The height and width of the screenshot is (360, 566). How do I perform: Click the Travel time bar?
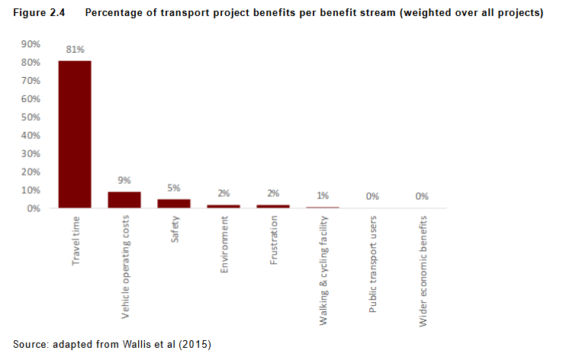point(75,133)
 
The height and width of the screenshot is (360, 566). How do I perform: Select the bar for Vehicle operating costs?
point(124,199)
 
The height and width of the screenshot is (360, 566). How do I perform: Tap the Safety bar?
point(173,203)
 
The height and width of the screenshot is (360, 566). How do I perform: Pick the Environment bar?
point(223,206)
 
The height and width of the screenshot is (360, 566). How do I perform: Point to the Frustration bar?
point(272,206)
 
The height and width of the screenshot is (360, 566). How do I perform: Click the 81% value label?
point(75,50)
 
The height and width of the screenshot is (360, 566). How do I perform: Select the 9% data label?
point(124,181)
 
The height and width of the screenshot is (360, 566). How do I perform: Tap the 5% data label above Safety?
point(173,188)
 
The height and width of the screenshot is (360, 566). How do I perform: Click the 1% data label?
point(323,195)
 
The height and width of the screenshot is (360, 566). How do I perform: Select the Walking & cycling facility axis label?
point(323,271)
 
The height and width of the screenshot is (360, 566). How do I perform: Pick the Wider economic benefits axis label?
point(423,272)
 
